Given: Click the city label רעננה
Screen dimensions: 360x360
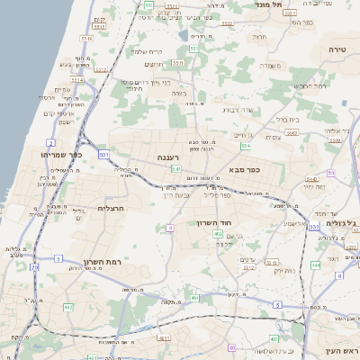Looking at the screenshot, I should coord(167,157).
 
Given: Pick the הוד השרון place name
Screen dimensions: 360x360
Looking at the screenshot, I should coord(213,221).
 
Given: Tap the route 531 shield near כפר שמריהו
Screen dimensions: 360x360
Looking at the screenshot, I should coord(104,155).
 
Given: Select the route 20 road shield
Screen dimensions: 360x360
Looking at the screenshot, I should coord(34,267).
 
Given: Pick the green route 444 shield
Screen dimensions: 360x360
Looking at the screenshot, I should coord(316,265).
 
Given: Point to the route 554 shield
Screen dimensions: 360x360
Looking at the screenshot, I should coord(331,173).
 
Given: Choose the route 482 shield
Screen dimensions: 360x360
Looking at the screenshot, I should coord(218,234).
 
